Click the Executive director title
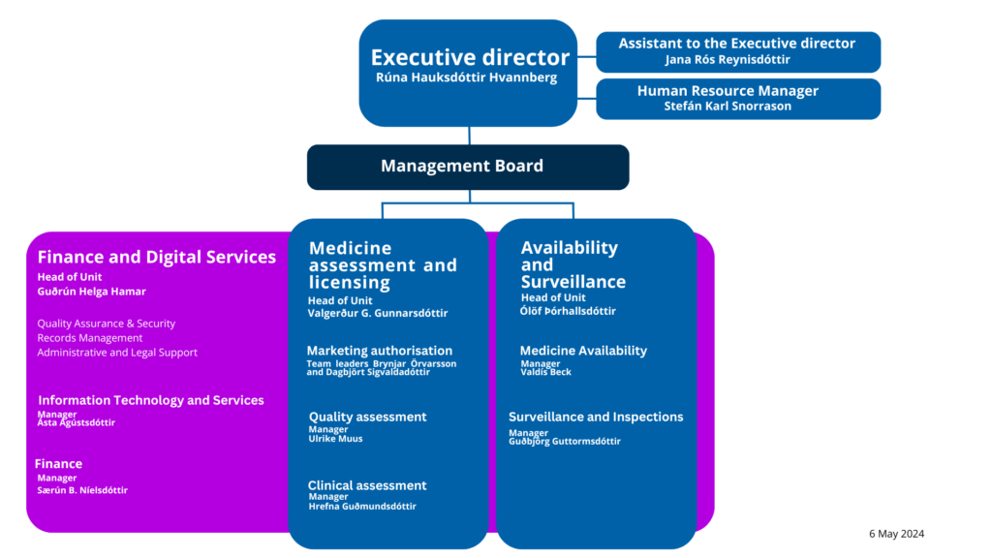470,57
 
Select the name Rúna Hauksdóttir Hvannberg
466,77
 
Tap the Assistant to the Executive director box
737,51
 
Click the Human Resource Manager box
737,99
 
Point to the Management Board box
467,167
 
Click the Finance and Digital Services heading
156,257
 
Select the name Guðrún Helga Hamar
91,292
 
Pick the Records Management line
89,338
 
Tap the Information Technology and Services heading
150,400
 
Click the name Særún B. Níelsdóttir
82,490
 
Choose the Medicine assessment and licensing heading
382,265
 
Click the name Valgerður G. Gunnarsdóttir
378,314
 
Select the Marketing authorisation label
379,351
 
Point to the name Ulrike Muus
335,439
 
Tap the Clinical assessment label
366,485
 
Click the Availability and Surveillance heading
573,264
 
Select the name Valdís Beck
546,373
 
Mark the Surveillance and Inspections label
596,417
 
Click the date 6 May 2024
896,534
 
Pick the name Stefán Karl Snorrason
728,107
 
